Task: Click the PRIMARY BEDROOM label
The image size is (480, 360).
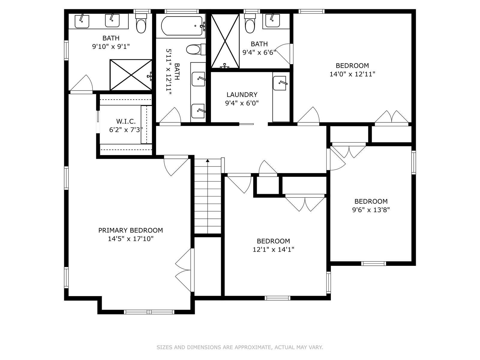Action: click(x=130, y=230)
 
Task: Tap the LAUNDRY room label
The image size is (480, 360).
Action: click(x=242, y=94)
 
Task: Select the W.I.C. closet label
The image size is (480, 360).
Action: click(x=126, y=121)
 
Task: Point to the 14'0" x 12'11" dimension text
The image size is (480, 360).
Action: click(x=352, y=74)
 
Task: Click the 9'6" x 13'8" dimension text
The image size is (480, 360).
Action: click(x=371, y=210)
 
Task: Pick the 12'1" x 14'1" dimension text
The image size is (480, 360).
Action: click(x=273, y=249)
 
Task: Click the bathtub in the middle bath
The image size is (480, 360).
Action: click(x=182, y=26)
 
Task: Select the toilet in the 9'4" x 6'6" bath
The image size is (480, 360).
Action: click(x=250, y=24)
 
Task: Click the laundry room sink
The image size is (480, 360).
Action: click(x=280, y=83)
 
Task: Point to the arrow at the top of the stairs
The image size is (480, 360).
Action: click(x=208, y=161)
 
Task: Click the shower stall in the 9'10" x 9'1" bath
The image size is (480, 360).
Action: click(x=131, y=75)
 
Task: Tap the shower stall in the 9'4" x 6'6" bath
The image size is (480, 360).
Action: click(x=225, y=41)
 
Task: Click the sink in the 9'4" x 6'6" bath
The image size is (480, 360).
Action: click(x=272, y=20)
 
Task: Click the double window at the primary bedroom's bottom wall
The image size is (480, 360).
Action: click(x=149, y=312)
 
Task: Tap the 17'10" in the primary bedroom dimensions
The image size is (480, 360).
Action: click(x=143, y=239)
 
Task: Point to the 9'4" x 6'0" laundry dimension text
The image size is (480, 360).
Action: click(x=242, y=103)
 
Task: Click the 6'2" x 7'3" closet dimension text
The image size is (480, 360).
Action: click(x=126, y=130)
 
